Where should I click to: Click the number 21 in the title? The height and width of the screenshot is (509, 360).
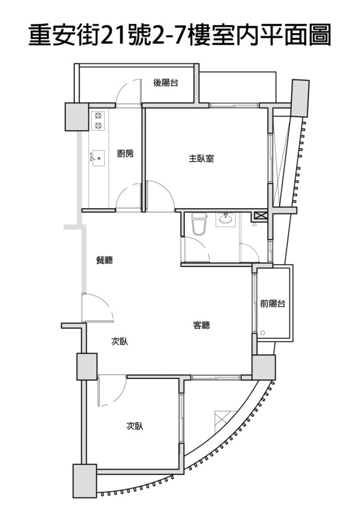point(113,34)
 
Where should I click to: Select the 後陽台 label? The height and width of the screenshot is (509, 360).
point(166,83)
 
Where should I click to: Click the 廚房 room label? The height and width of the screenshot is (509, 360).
point(125,153)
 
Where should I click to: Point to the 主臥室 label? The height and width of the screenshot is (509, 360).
point(202,158)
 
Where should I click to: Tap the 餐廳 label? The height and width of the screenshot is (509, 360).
point(105,260)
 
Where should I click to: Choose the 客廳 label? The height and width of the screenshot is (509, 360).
point(202,325)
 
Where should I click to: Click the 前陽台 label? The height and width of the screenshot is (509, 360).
point(272,304)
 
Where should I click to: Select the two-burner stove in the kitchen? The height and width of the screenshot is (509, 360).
point(98,121)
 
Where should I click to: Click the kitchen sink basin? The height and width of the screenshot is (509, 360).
point(98,158)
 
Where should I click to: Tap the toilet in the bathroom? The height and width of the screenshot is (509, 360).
point(199,223)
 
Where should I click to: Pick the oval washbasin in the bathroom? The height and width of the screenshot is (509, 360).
point(225,219)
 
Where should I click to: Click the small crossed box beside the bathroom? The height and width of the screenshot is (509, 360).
point(260,216)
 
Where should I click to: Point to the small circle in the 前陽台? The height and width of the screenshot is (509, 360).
point(263,333)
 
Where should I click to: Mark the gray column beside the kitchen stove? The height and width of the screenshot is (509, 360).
point(77,117)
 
